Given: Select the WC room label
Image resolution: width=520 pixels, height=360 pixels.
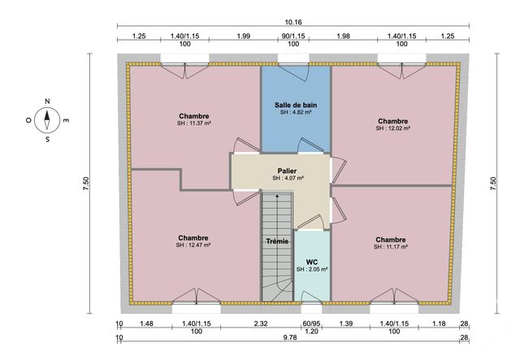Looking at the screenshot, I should click(311, 262).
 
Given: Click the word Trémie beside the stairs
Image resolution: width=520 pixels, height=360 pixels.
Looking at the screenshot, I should click(277, 241).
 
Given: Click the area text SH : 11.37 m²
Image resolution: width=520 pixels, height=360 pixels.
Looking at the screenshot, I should click(193, 124).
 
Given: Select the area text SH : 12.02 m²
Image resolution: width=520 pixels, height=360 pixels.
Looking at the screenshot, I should click(392, 128).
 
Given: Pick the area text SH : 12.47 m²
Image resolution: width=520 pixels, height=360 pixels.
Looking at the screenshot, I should click(193, 245).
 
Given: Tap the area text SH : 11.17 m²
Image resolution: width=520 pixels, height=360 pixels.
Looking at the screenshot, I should click(391, 247).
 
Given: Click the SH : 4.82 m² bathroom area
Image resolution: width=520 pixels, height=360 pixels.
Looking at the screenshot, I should click(296, 114).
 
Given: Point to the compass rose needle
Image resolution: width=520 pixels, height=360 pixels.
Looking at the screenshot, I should click(48, 121).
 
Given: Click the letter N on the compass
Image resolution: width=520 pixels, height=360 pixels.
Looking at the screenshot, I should click(48, 102).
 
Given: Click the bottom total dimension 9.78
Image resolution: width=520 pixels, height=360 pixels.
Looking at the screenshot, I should click(290, 337).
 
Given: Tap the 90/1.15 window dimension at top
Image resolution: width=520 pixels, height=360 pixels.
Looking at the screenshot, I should click(293, 36).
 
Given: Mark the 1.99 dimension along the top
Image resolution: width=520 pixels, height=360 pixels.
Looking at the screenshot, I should click(243, 36).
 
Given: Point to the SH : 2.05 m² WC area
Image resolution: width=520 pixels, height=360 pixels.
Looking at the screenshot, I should click(311, 270).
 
